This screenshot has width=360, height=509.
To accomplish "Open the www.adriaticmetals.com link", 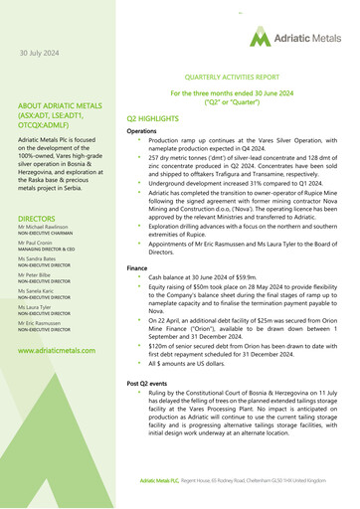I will pos(57,351).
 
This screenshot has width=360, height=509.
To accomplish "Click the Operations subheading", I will pos(142,132).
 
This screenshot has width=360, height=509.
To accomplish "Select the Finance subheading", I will pos(137,268).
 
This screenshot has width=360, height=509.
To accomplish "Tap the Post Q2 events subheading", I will pos(149,383).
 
